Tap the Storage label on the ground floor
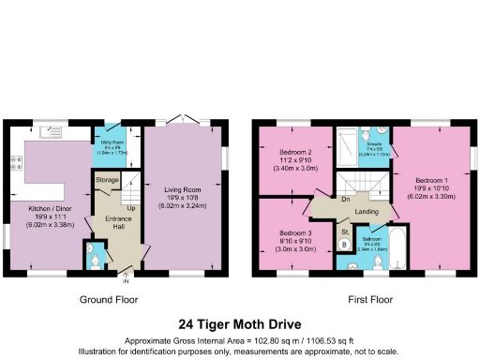107,178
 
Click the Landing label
367,211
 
